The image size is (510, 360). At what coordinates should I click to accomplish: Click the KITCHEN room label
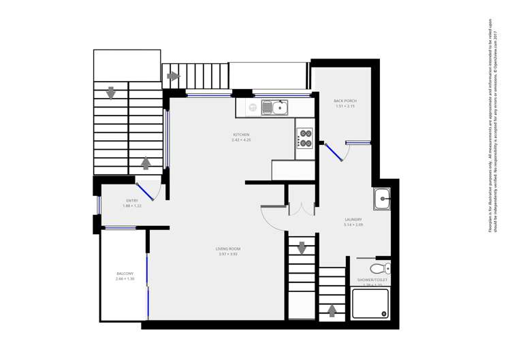pos(241,135)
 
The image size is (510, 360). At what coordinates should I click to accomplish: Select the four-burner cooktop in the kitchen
pos(304,138)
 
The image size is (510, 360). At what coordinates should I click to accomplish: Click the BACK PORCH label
pos(345,101)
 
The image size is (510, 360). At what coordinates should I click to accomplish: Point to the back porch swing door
pos(334,152)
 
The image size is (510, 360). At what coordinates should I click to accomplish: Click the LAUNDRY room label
pos(353,219)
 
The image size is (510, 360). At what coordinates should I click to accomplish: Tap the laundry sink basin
pos(381,199)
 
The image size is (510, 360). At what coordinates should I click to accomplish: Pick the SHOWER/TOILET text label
pos(372,280)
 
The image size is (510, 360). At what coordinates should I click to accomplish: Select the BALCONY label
pos(125,274)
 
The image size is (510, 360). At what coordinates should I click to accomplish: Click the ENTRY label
pos(131,200)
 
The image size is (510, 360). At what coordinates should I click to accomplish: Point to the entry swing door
pos(145,191)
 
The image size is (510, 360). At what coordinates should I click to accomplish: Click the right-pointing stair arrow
pos(172,76)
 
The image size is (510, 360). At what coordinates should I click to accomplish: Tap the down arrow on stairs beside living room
pos(302,248)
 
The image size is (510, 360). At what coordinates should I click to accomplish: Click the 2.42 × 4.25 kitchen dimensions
pos(241,140)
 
